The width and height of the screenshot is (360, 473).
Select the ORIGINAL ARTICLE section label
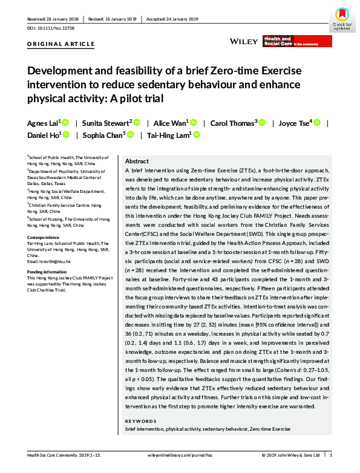coord(61,44)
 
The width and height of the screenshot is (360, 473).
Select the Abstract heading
coord(136,162)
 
